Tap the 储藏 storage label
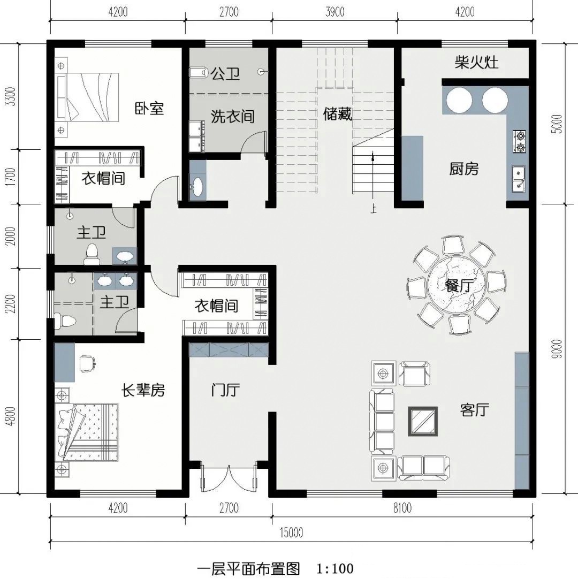pos(338,113)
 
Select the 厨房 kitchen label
pos(463,169)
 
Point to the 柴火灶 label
pos(476,63)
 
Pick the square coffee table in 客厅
pos(423,421)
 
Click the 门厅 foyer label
pos(225,390)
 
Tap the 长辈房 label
pos(143,391)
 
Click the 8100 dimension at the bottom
pos(402,508)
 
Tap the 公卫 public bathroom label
pos(225,74)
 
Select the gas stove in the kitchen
pos(519,142)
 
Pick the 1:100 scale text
pos(335,568)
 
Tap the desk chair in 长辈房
pos(87,363)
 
